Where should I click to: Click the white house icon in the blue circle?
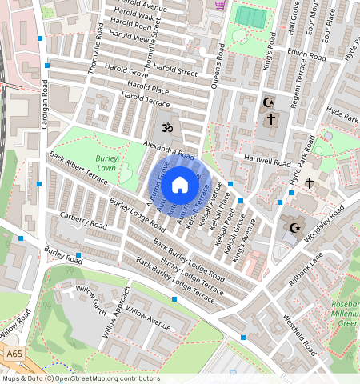[180, 185]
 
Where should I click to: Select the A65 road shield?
[13, 353]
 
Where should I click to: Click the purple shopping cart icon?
[219, 4]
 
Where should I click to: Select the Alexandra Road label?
[169, 150]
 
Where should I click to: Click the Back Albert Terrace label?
[78, 169]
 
